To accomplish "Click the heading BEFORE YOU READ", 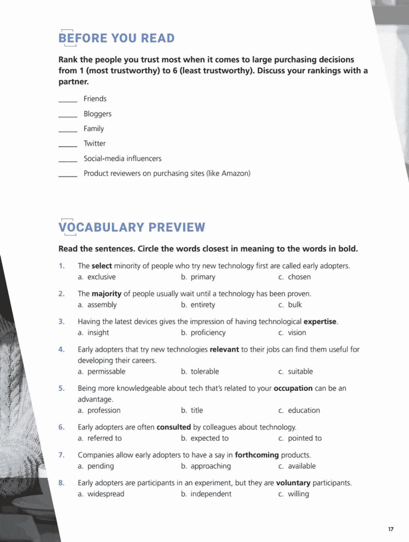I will click(x=116, y=38).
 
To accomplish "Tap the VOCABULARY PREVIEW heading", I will click(x=132, y=227).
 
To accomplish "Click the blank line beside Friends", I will click(x=68, y=101).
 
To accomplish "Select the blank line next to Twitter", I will click(x=68, y=146).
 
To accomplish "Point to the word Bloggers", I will click(x=97, y=114).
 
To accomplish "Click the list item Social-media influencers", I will click(x=122, y=158).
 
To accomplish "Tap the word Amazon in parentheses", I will click(x=235, y=173).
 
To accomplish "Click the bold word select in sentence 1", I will click(x=102, y=266).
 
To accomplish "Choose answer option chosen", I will click(x=299, y=277).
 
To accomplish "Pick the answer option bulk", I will click(x=295, y=305).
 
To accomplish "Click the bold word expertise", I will click(x=320, y=322).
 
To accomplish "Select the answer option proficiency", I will click(x=208, y=333).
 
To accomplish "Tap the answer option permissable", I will click(x=106, y=371).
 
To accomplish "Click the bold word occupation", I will click(x=293, y=388).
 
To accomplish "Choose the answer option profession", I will click(x=104, y=410).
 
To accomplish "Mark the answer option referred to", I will click(x=105, y=438).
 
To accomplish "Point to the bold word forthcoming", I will click(x=257, y=455).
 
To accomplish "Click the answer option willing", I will click(x=298, y=494).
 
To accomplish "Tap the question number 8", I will click(x=61, y=483).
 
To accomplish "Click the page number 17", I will click(x=391, y=529).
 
